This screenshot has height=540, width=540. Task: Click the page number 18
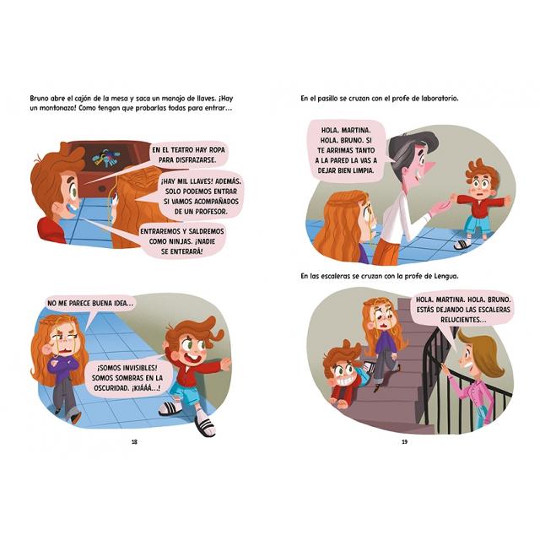[x=135, y=442]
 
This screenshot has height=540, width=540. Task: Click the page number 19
[x=405, y=442]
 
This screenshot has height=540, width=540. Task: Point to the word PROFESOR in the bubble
[x=210, y=212]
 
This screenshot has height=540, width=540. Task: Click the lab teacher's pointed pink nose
[x=429, y=169]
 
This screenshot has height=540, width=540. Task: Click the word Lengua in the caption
[x=446, y=276]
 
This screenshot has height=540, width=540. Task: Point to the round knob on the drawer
[x=102, y=188]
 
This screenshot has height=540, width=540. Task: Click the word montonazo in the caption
[x=56, y=108]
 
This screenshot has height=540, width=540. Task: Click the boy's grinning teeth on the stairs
[x=346, y=381]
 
